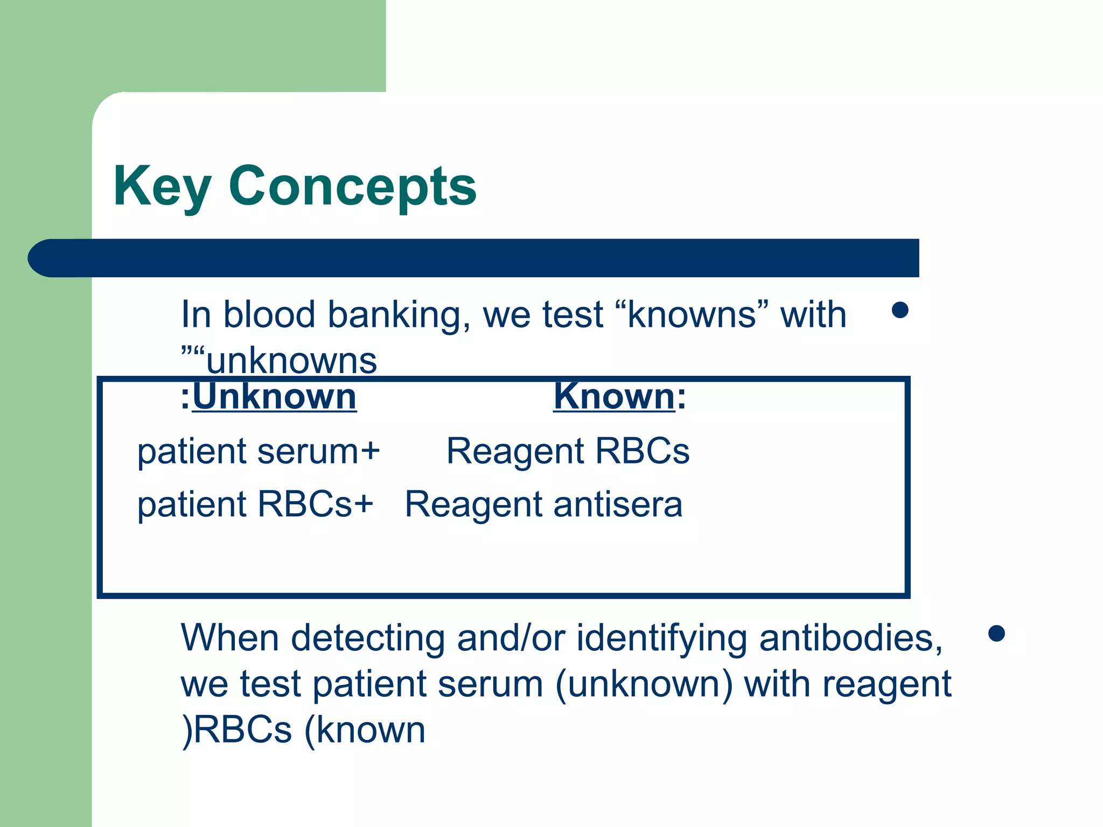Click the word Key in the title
[x=162, y=186]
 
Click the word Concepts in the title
[x=352, y=186]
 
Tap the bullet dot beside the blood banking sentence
[x=900, y=310]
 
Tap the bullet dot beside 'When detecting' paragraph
[x=997, y=633]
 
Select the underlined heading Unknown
[x=274, y=396]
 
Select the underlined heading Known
[x=614, y=396]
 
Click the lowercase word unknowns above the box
[x=291, y=360]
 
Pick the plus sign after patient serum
[x=371, y=451]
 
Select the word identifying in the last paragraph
[x=661, y=638]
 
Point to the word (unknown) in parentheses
[x=644, y=684]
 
